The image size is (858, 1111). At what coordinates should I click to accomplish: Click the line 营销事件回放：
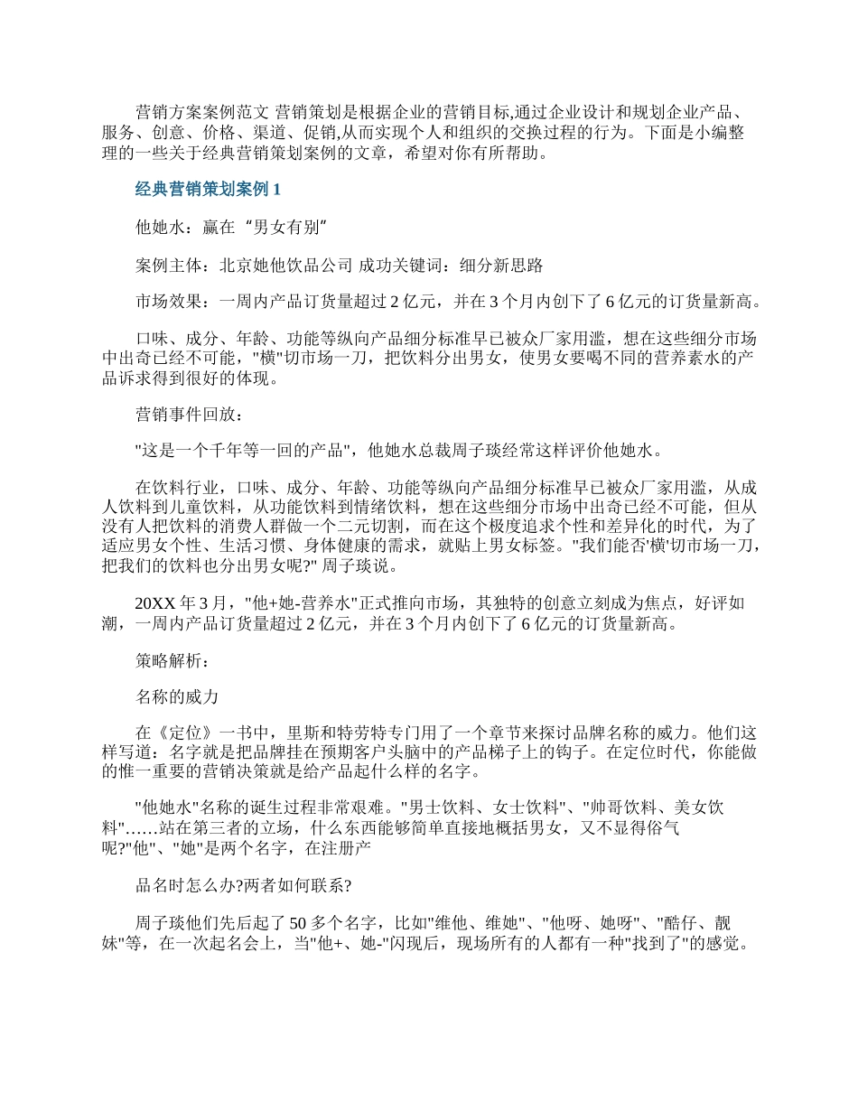(189, 414)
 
